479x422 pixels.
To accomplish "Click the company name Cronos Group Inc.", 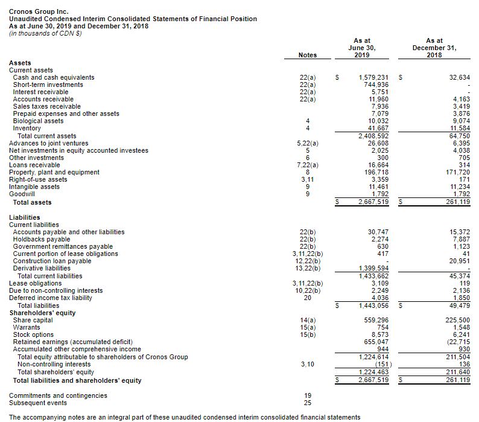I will point(39,11).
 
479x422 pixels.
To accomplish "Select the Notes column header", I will point(308,55).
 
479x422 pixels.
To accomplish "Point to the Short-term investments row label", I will point(48,85).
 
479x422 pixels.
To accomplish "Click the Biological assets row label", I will point(38,121).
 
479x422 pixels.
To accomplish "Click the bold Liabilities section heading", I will point(25,217).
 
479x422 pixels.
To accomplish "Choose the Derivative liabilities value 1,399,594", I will point(373,269).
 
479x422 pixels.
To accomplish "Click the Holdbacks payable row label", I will point(42,239).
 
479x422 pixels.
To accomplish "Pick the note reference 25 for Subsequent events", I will point(307,403).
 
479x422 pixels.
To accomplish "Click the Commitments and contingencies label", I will point(59,395).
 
